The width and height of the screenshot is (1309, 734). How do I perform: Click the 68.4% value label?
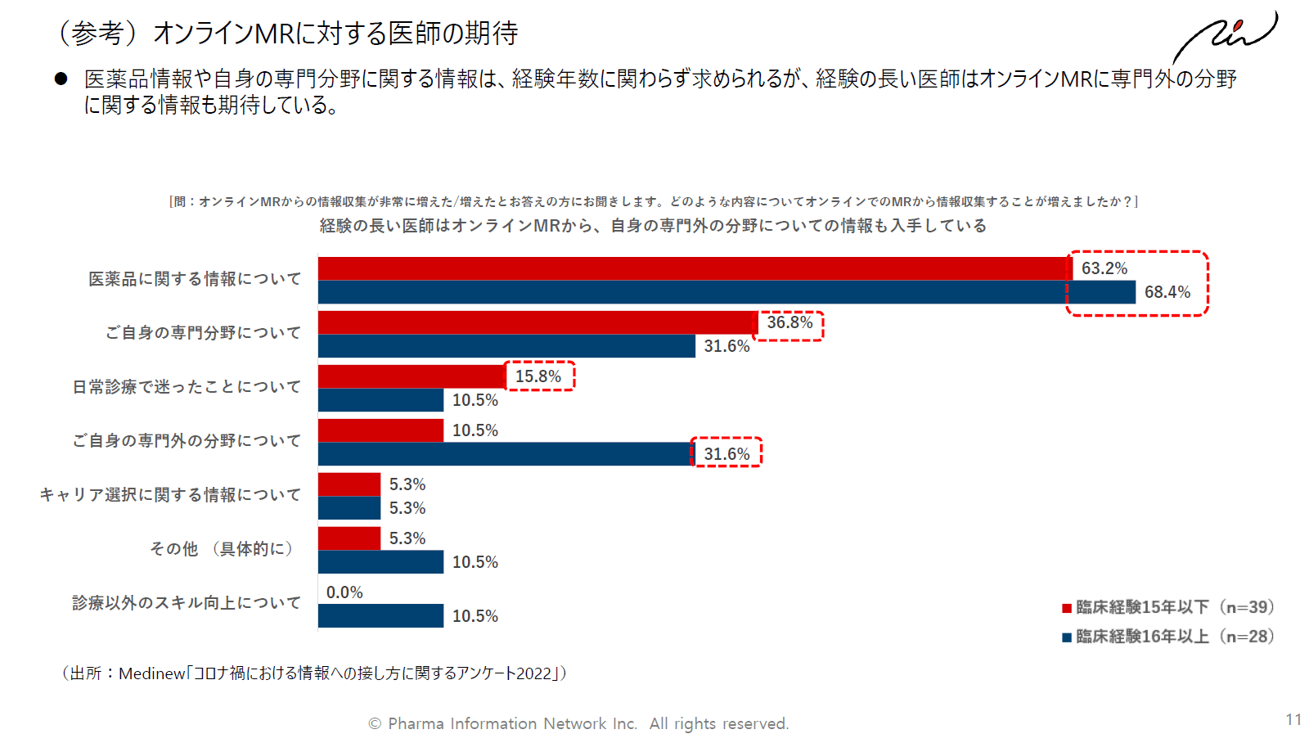(1167, 292)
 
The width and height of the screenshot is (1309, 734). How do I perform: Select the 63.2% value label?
(1104, 268)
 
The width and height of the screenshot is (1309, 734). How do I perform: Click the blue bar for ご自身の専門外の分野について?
(506, 454)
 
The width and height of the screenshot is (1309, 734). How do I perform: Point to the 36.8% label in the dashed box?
(789, 322)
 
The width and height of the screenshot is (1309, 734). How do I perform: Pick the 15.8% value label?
(538, 376)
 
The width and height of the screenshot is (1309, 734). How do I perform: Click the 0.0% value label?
(344, 592)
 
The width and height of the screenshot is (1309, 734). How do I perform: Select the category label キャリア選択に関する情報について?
(170, 495)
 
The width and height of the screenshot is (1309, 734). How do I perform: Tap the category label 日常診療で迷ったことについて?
(187, 387)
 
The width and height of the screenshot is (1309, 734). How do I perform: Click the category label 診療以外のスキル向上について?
(187, 603)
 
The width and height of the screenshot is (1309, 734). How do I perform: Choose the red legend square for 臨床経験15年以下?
(1067, 608)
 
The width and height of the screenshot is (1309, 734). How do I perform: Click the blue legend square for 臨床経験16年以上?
(1067, 637)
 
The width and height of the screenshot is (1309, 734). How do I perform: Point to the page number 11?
(1293, 719)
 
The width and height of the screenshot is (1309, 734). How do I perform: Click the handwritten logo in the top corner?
(1225, 36)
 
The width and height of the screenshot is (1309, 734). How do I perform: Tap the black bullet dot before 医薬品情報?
(61, 79)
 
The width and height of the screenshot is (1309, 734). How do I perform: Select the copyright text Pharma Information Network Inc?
(512, 723)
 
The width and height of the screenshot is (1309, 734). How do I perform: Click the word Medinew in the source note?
(152, 673)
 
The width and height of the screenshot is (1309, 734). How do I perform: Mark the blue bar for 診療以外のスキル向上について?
(381, 616)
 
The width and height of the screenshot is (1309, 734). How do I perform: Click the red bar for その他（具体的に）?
(349, 538)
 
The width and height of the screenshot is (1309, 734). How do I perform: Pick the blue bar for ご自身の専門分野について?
(506, 346)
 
